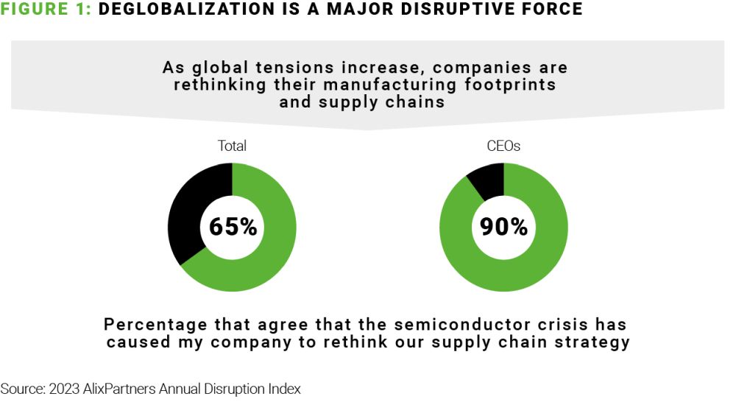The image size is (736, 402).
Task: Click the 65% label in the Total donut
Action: [233, 226]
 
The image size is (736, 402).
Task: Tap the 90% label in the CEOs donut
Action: [504, 226]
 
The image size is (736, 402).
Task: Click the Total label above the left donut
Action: [232, 146]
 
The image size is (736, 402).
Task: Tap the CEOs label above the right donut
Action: [503, 146]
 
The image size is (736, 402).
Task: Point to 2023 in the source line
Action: [61, 389]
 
